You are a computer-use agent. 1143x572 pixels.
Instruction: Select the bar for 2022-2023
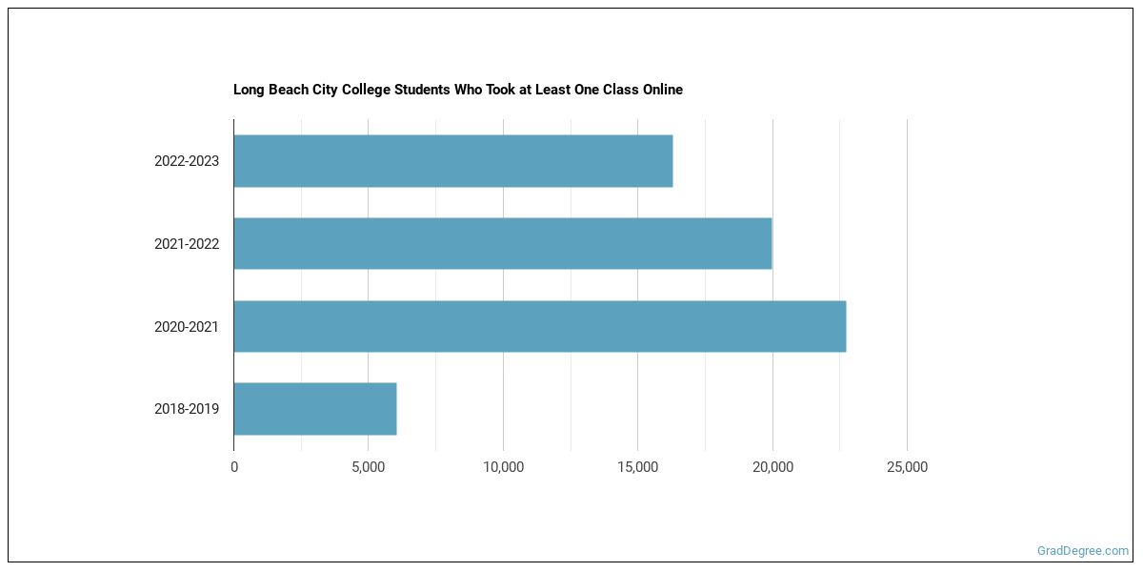[x=453, y=161]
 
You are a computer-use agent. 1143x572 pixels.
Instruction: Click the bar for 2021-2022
[x=503, y=244]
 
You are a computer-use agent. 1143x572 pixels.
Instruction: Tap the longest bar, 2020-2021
[x=540, y=326]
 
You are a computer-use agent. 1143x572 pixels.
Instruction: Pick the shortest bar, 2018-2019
[x=315, y=409]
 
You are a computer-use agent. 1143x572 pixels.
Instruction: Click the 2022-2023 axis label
[x=187, y=161]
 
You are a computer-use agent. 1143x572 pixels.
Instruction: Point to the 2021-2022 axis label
[x=187, y=244]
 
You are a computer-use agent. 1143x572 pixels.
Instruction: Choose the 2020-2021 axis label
[x=187, y=327]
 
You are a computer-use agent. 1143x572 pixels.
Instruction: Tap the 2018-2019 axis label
[x=187, y=410]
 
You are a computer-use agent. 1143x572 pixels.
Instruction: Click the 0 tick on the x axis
[x=234, y=467]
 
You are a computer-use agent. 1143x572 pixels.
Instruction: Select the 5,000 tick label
[x=368, y=467]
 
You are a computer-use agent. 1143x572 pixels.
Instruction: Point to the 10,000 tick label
[x=503, y=467]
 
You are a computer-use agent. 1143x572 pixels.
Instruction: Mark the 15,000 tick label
[x=637, y=467]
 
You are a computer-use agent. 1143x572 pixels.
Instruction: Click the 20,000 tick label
[x=772, y=467]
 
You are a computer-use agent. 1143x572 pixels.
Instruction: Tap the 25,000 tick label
[x=907, y=467]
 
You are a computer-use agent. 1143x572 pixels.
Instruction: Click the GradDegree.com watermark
[x=1083, y=551]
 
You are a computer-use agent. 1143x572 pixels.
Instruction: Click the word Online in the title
[x=660, y=90]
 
